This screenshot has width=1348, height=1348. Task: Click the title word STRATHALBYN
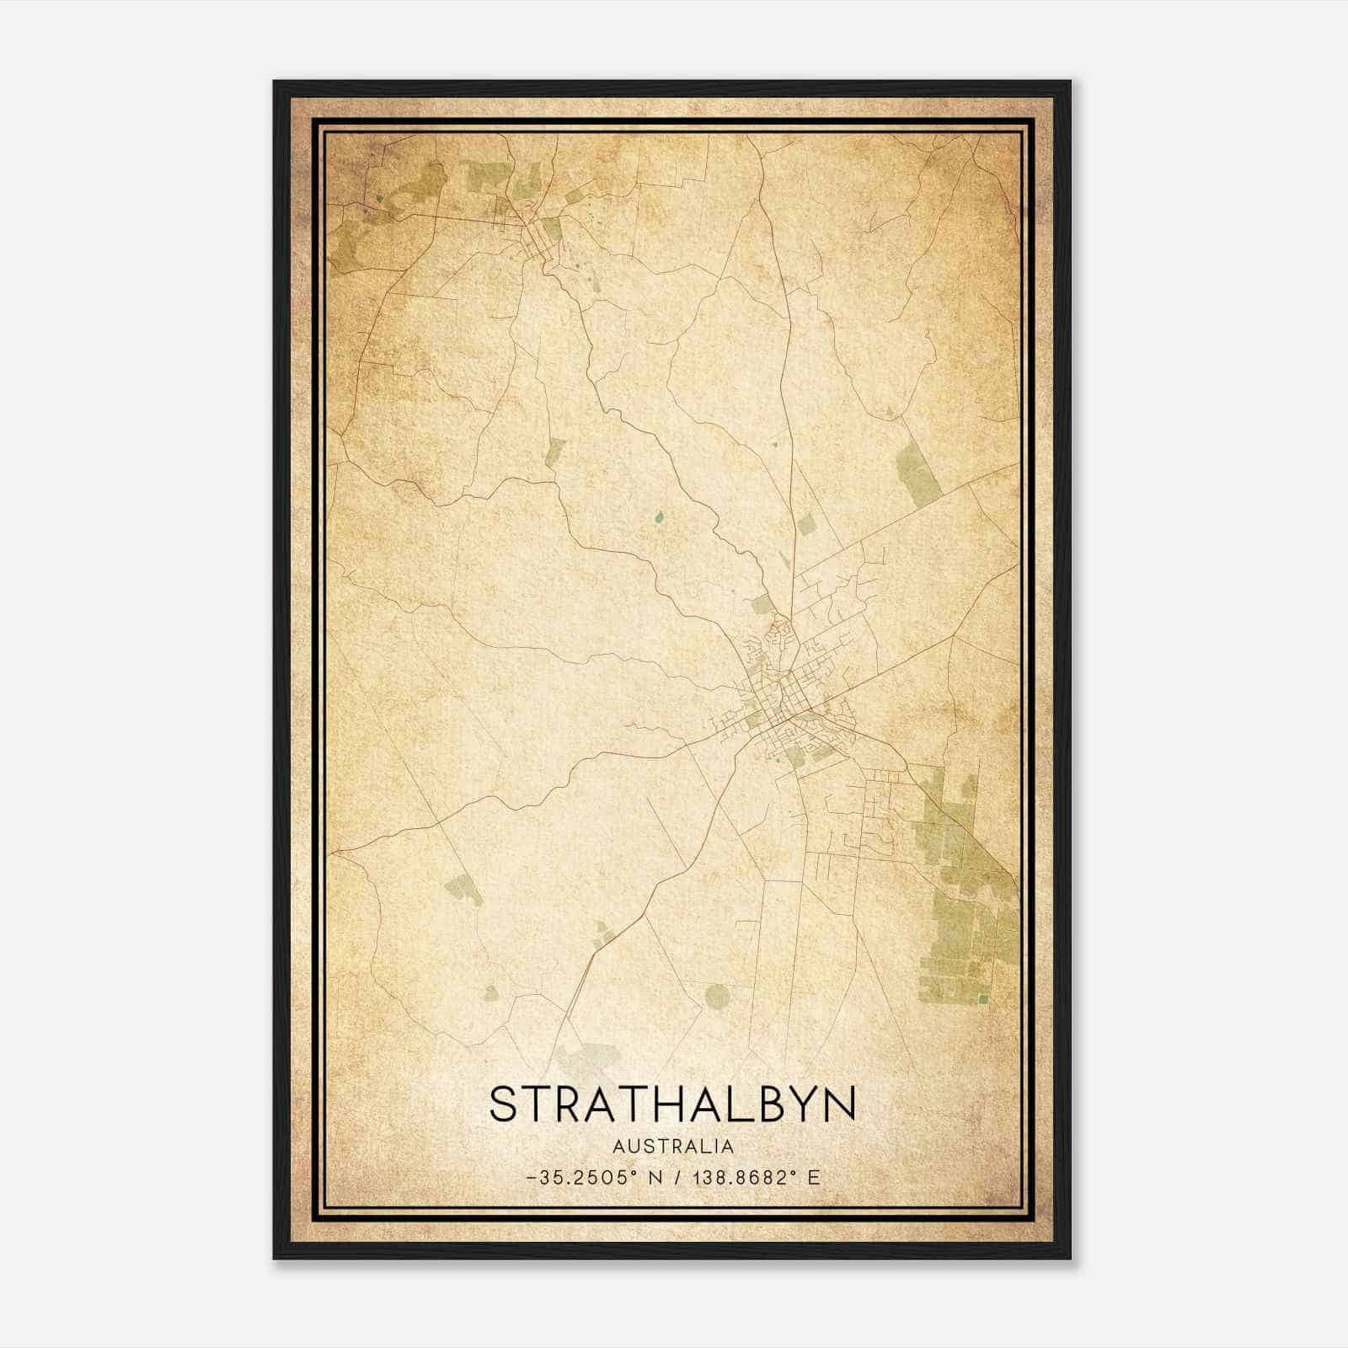point(672,1104)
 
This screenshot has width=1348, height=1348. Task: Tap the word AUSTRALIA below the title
point(673,1147)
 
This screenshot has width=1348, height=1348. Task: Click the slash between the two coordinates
point(678,1178)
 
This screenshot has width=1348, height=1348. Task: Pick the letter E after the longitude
point(813,1178)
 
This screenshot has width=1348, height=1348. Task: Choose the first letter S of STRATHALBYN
point(503,1104)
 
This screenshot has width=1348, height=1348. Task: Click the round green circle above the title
point(716,998)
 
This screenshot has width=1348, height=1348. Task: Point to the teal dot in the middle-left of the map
point(658,517)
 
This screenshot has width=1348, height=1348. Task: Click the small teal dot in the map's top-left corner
point(379,199)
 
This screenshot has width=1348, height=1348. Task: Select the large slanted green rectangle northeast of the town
point(917,474)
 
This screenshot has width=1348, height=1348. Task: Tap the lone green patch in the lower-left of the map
point(463,889)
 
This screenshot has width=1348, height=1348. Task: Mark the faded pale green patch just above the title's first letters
point(581,1057)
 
